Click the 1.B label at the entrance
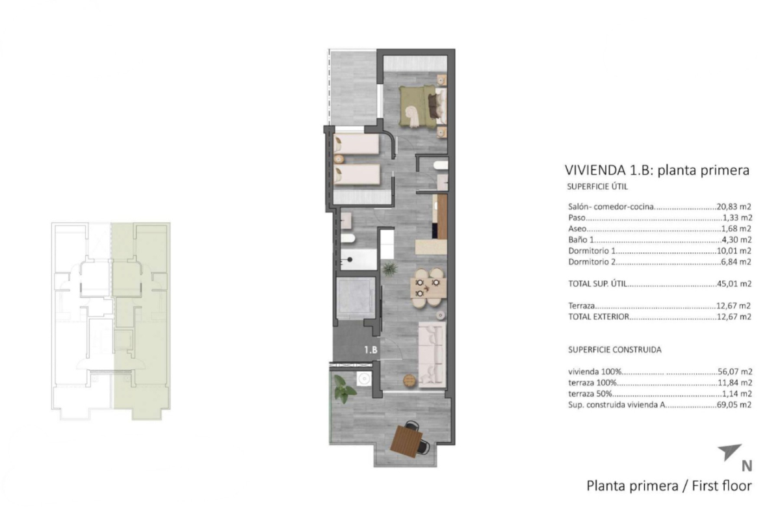click(371, 350)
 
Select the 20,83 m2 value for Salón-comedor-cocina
click(734, 207)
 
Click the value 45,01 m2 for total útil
click(734, 283)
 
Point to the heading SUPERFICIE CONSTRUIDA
click(615, 350)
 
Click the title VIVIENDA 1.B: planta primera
click(656, 170)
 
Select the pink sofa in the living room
click(432, 354)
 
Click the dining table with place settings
click(428, 288)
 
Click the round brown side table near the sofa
click(409, 381)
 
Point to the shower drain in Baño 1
click(350, 259)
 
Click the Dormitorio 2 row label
click(592, 261)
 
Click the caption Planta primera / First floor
click(669, 486)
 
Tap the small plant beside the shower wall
click(389, 269)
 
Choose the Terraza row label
click(582, 305)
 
